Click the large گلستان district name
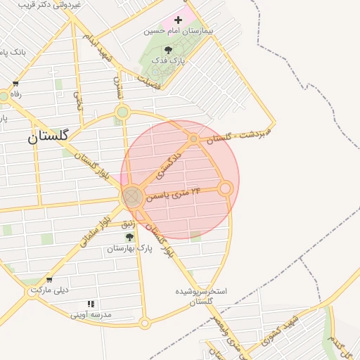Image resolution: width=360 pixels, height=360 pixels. click(48, 136)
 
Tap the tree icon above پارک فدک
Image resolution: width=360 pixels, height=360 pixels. click(168, 50)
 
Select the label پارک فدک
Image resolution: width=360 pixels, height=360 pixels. click(167, 61)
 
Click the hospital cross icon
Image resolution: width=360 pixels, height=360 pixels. click(178, 20)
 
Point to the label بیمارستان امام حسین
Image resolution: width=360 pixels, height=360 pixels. click(178, 31)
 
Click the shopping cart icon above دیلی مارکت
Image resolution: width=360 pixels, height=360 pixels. click(49, 280)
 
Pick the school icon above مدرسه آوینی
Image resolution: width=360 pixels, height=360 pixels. click(90, 304)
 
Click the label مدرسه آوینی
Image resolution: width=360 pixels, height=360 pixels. click(90, 314)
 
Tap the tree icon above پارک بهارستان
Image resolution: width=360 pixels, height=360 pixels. click(129, 237)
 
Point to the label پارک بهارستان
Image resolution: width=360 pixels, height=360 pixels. click(129, 248)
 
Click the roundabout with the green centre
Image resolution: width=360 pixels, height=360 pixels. click(123, 112)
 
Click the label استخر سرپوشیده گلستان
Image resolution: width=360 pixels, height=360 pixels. click(201, 296)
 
